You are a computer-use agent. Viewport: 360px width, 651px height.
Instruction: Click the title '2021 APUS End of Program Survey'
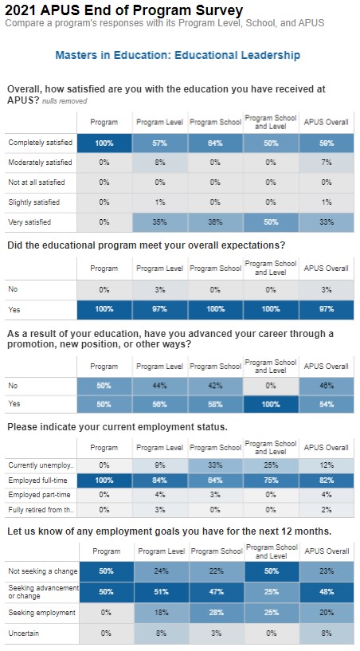[123, 10]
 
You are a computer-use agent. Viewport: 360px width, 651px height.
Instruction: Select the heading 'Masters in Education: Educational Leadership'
[178, 56]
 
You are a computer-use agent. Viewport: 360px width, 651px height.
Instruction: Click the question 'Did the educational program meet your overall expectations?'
[146, 245]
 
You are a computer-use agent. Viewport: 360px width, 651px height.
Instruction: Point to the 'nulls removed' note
[65, 102]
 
